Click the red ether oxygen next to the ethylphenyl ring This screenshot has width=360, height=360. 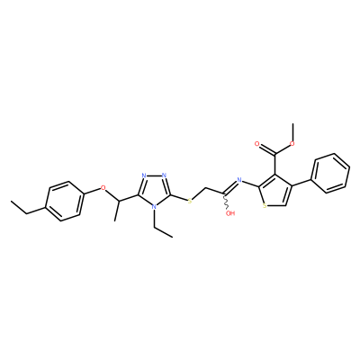tap(103, 188)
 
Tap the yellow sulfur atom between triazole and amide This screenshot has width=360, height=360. tap(190, 201)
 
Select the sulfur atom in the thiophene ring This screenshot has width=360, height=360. tap(265, 206)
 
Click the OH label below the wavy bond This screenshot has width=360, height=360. tap(230, 213)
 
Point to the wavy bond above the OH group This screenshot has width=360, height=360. tap(226, 202)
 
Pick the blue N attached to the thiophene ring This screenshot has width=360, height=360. tap(239, 180)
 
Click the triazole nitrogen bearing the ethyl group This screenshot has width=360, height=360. tap(154, 207)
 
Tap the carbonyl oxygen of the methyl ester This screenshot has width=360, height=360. tap(256, 144)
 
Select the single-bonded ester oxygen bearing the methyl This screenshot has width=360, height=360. tap(292, 143)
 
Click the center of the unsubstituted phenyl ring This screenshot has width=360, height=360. tap(331, 173)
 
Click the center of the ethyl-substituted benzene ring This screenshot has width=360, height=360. tap(64, 201)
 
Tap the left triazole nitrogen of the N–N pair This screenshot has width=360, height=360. tap(144, 175)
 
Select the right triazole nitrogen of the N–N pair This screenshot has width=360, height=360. tap(164, 175)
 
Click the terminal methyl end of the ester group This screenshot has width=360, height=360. tap(292, 123)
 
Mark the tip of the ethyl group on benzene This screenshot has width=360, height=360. tap(11, 201)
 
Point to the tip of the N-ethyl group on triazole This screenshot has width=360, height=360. tap(173, 237)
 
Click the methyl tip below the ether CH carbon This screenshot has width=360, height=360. tap(114, 221)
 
